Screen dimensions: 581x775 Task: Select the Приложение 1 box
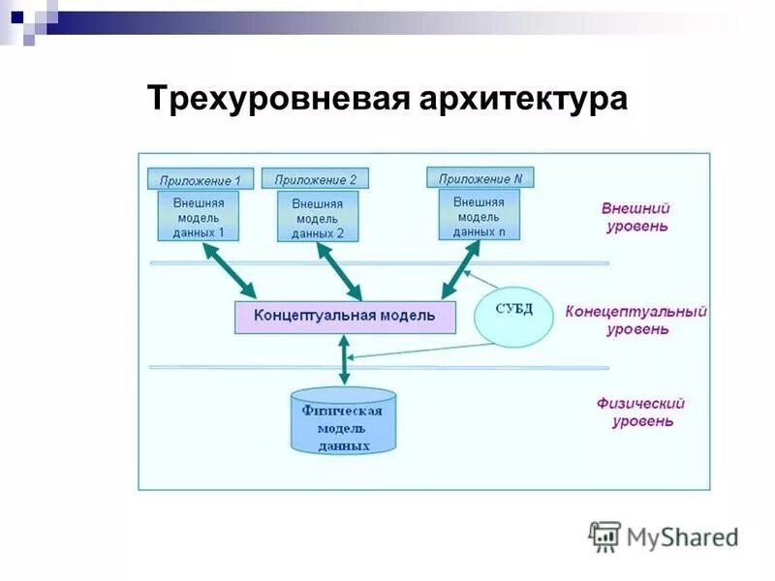click(x=201, y=179)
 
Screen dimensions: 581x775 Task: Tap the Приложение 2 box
click(x=316, y=179)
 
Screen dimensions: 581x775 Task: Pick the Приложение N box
click(x=480, y=178)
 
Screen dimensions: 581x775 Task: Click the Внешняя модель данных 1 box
click(x=198, y=216)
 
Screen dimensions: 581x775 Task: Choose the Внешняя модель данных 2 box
click(x=318, y=217)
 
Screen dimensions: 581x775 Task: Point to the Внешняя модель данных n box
click(x=479, y=215)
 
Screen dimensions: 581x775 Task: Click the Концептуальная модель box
click(x=345, y=317)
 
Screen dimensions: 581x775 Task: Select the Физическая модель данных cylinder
click(x=344, y=422)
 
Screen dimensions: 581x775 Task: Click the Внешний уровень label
click(x=635, y=217)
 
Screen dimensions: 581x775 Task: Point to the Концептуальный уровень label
click(x=636, y=321)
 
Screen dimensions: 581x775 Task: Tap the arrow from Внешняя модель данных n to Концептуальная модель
click(x=461, y=270)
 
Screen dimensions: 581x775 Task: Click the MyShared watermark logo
click(x=664, y=535)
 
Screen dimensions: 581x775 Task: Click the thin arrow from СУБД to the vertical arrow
click(x=417, y=352)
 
